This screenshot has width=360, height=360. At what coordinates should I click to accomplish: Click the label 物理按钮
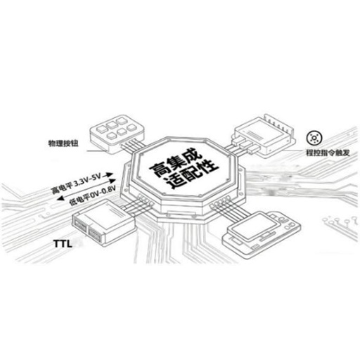click(63, 143)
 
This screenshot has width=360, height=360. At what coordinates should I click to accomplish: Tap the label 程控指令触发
click(328, 153)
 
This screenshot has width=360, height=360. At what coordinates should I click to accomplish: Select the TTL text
click(63, 244)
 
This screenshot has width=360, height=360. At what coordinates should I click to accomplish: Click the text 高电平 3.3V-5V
click(76, 184)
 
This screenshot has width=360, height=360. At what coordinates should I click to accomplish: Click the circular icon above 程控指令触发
click(314, 138)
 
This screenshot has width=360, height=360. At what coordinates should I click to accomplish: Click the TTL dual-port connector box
click(103, 222)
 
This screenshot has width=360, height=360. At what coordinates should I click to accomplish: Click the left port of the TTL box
click(80, 226)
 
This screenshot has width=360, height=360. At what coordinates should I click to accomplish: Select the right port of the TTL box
click(96, 233)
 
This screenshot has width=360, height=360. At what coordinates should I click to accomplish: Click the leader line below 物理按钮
click(96, 150)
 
